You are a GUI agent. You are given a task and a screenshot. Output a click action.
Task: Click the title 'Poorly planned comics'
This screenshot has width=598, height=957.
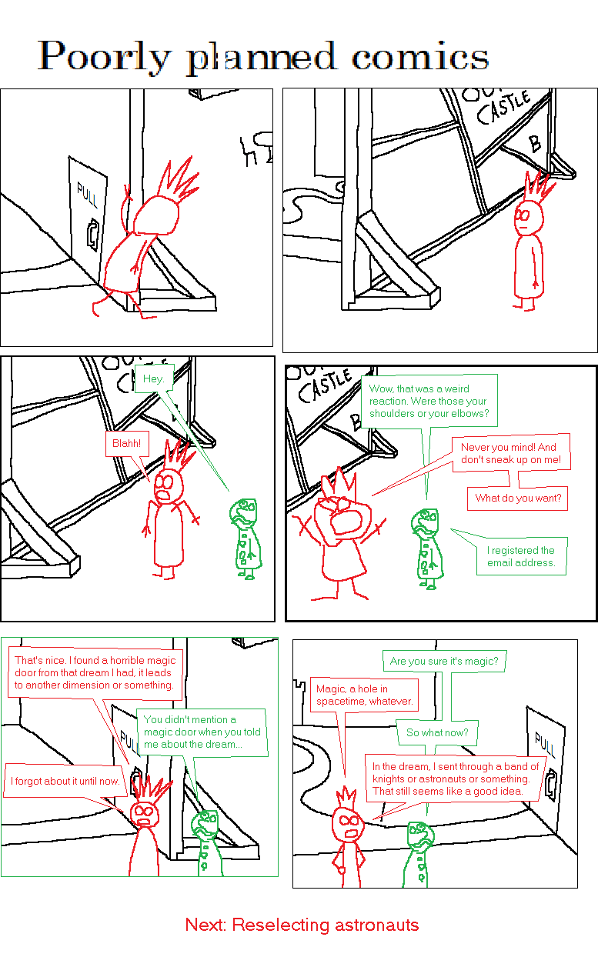tap(263, 57)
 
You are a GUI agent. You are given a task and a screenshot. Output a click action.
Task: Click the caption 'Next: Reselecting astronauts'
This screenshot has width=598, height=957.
tap(302, 924)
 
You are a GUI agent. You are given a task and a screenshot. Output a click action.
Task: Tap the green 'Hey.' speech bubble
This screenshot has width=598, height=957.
tap(154, 378)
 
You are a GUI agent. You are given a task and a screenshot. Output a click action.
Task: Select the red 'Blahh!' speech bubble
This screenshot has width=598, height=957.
tap(126, 443)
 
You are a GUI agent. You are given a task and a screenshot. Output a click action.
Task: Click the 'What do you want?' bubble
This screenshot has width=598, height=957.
tap(518, 498)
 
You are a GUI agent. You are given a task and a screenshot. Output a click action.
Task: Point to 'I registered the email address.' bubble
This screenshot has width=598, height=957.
tap(520, 556)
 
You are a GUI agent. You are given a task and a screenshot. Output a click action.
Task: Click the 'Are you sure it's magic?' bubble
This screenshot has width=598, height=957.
tap(444, 661)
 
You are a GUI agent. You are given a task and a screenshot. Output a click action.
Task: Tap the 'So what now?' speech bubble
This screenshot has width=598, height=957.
tap(437, 732)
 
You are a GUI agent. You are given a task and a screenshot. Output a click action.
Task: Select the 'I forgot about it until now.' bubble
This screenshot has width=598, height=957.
tap(65, 781)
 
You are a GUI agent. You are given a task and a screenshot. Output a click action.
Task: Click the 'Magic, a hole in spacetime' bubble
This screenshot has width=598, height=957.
tap(365, 695)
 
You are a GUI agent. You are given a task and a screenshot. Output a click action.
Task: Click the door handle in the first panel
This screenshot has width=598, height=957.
tap(92, 233)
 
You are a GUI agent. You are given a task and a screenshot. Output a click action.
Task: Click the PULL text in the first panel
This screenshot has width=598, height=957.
tap(87, 196)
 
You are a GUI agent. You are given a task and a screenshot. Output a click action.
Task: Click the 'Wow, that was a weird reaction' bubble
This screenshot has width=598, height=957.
tap(428, 401)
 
